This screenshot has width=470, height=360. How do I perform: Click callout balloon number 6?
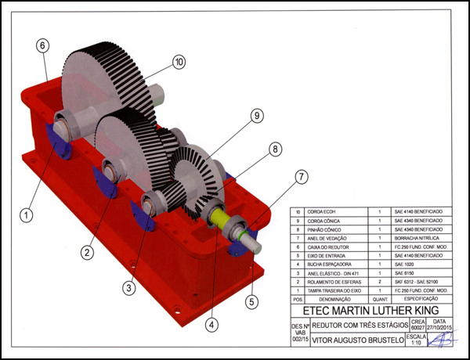pyautogui.click(x=43, y=45)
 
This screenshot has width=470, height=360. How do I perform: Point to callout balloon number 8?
pyautogui.click(x=275, y=149)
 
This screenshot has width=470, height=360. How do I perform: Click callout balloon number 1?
pyautogui.click(x=27, y=212)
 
